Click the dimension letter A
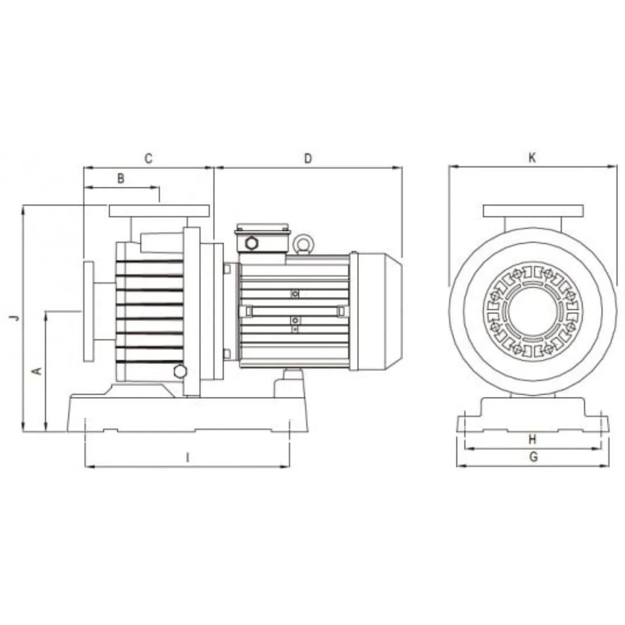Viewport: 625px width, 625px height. click(38, 370)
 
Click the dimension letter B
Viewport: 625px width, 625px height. click(121, 178)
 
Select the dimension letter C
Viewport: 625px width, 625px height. click(148, 159)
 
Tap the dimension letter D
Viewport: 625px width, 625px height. click(308, 159)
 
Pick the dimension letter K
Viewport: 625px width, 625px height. click(532, 158)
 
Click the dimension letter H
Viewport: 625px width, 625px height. click(533, 440)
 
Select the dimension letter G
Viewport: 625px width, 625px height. click(533, 457)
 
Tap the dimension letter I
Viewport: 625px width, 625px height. click(187, 458)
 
